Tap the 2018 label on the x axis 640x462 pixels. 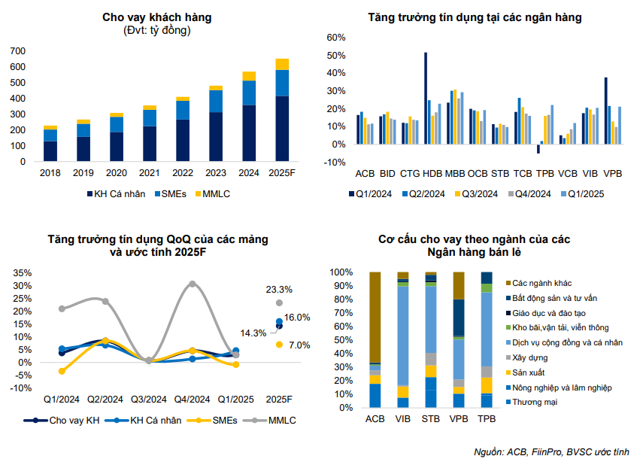[x=50, y=173]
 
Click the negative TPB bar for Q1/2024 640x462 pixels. [x=538, y=148]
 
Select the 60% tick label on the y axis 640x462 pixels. [x=335, y=38]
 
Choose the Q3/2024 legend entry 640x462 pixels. [x=475, y=193]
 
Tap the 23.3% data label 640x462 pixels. [x=279, y=290]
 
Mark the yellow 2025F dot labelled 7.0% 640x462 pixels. [x=279, y=345]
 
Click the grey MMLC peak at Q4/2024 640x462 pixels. [x=193, y=284]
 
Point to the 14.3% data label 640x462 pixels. [x=253, y=333]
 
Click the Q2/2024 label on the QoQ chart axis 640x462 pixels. [x=105, y=399]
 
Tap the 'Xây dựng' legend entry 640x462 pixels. [x=529, y=357]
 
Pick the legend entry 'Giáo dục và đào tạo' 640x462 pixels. [x=555, y=313]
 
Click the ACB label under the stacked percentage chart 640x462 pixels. [x=374, y=420]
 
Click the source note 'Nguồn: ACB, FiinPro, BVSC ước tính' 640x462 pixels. [x=551, y=451]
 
